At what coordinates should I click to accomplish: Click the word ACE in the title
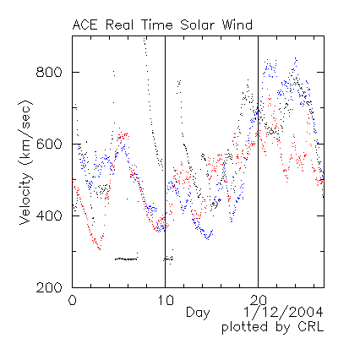point(85,25)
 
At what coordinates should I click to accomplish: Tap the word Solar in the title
point(197,25)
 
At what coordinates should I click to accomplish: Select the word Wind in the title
point(237,25)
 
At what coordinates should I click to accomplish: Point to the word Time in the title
point(156,25)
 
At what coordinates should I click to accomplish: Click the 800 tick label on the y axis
point(49,73)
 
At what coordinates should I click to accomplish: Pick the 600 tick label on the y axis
point(49,145)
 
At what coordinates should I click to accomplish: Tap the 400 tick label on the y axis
point(49,216)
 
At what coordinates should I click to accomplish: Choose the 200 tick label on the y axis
point(49,287)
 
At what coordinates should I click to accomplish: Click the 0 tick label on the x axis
point(73,300)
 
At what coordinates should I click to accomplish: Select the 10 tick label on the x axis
point(166,300)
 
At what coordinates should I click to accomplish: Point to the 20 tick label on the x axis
point(259,300)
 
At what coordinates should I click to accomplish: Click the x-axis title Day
point(198,314)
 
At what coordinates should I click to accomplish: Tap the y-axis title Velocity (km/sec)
point(25,162)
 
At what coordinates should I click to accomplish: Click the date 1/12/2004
point(283,313)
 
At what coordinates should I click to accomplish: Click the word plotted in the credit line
point(244,328)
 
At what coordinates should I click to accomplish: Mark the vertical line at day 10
point(165,161)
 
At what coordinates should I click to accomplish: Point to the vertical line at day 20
point(258,161)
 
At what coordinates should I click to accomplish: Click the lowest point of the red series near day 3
point(100,249)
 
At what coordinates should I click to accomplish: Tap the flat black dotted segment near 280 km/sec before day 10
point(126,259)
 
